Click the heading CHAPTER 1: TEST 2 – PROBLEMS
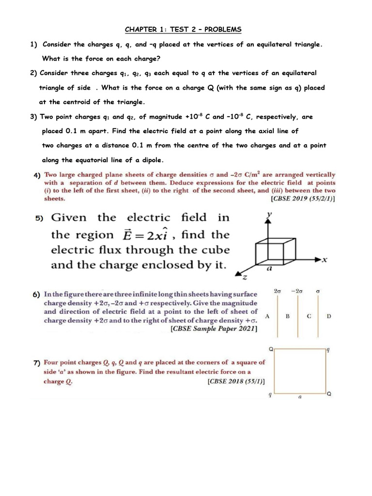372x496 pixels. point(183,30)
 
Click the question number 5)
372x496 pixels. point(39,219)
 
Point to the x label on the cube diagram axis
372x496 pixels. point(325,260)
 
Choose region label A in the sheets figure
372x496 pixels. point(267,316)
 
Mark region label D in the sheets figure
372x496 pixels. point(329,316)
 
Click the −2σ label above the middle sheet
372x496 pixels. point(296,291)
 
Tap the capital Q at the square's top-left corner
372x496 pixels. point(271,348)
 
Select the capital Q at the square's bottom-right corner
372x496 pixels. point(329,394)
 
